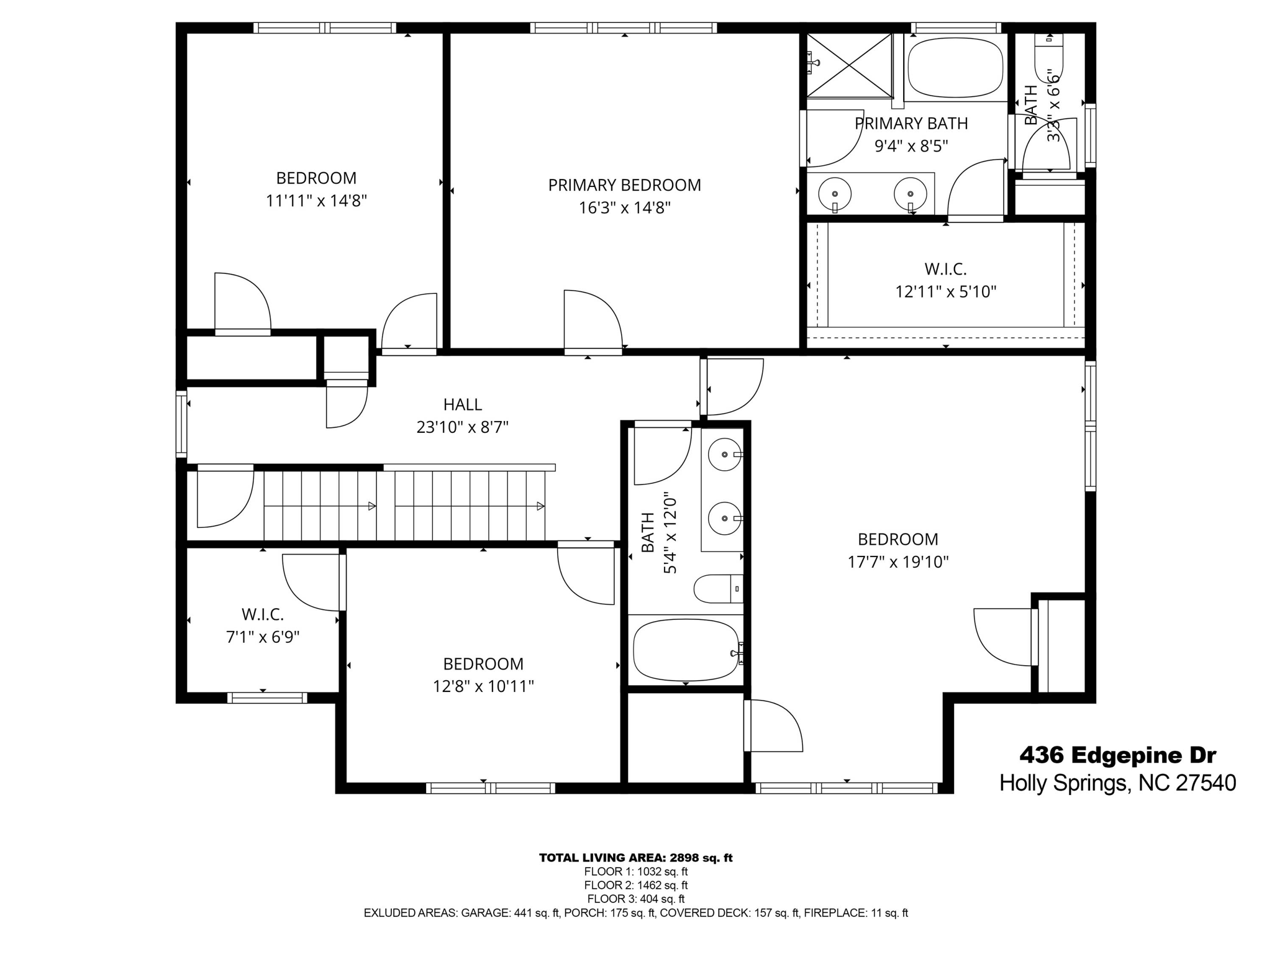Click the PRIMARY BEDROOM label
tap(624, 185)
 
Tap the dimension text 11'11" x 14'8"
tap(316, 201)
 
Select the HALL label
tap(462, 405)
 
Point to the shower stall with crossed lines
tap(849, 65)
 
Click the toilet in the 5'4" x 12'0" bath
tap(717, 588)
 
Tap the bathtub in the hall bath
tap(685, 651)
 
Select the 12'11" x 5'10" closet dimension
tap(945, 292)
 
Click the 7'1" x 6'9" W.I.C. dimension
tap(263, 637)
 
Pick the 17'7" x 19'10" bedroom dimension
tap(898, 562)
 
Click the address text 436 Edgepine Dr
tap(1117, 755)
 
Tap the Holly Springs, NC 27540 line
tap(1117, 783)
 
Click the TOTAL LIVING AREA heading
tap(635, 858)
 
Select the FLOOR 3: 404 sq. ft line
tap(635, 899)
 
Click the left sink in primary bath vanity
tap(834, 194)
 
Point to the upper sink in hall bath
tap(725, 455)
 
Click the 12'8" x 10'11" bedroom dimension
tap(483, 686)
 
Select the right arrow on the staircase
tap(540, 506)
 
